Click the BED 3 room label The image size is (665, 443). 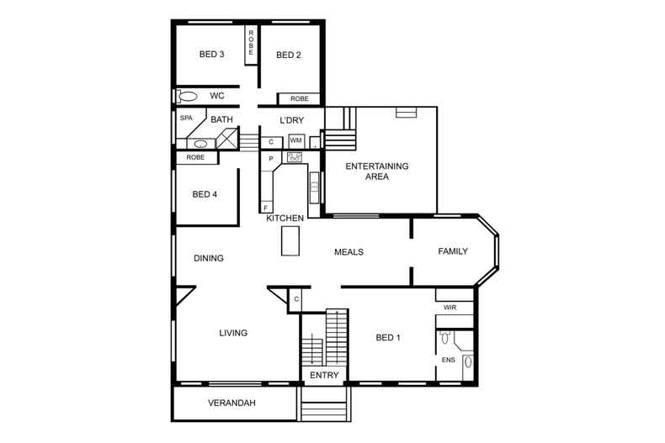coord(211,55)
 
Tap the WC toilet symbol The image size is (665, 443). coord(187,96)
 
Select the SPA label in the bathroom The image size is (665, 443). coord(186,119)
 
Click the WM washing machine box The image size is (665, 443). coord(295,140)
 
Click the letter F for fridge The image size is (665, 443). coord(266,207)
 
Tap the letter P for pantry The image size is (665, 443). coord(271,159)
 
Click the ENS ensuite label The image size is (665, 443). coord(448,360)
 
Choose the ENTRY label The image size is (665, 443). coord(324,375)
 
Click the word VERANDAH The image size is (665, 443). coord(231,403)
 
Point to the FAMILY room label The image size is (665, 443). coord(453,251)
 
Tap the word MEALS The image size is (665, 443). coord(348,252)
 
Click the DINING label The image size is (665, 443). coord(208,258)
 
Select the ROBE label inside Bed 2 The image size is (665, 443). coord(300,98)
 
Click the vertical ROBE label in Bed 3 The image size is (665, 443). coord(251,43)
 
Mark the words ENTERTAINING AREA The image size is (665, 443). coord(377,171)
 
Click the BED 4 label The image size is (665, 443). coord(205,194)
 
